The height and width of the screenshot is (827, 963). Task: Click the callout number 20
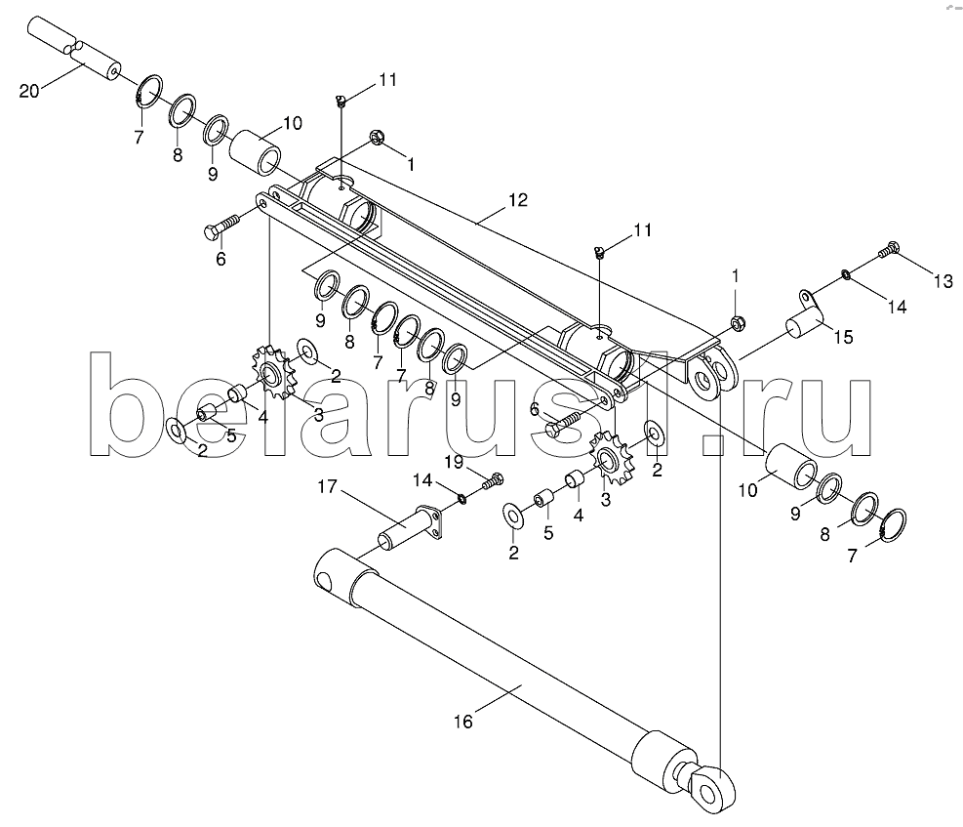pyautogui.click(x=30, y=92)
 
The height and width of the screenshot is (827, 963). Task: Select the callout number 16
pyautogui.click(x=462, y=722)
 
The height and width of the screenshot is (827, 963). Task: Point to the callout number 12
pyautogui.click(x=516, y=200)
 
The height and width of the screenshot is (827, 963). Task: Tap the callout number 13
pyautogui.click(x=942, y=282)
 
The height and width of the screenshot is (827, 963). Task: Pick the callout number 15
pyautogui.click(x=842, y=338)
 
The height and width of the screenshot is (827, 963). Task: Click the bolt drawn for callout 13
pyautogui.click(x=887, y=251)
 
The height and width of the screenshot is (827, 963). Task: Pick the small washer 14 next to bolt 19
pyautogui.click(x=463, y=499)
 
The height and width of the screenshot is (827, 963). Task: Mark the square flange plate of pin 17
pyautogui.click(x=427, y=521)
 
